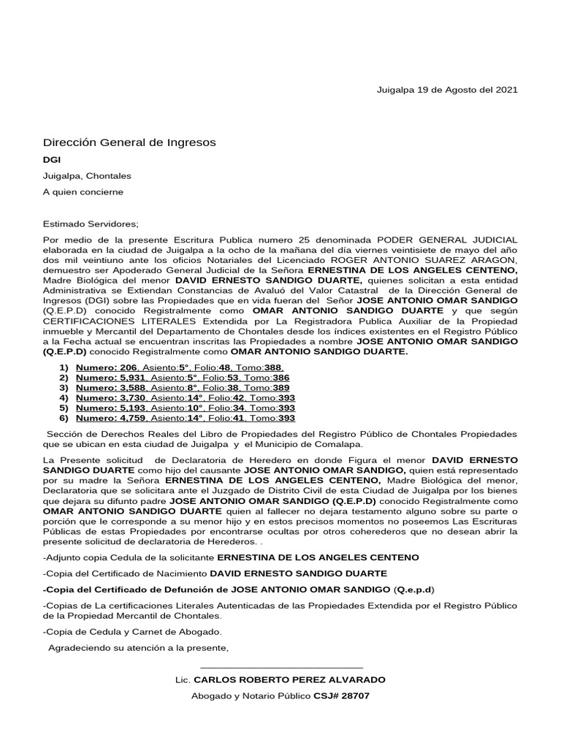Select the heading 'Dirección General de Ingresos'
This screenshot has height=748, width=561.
pos(129,142)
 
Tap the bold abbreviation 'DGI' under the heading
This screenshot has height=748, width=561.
pos(52,159)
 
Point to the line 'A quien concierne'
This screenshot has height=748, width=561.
pos(83,192)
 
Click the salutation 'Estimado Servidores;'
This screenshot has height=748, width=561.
pos(91,224)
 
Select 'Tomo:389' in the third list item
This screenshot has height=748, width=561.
pos(270,388)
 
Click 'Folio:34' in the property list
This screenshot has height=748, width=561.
pos(226,408)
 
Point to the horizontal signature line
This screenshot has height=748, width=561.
pos(281,668)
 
